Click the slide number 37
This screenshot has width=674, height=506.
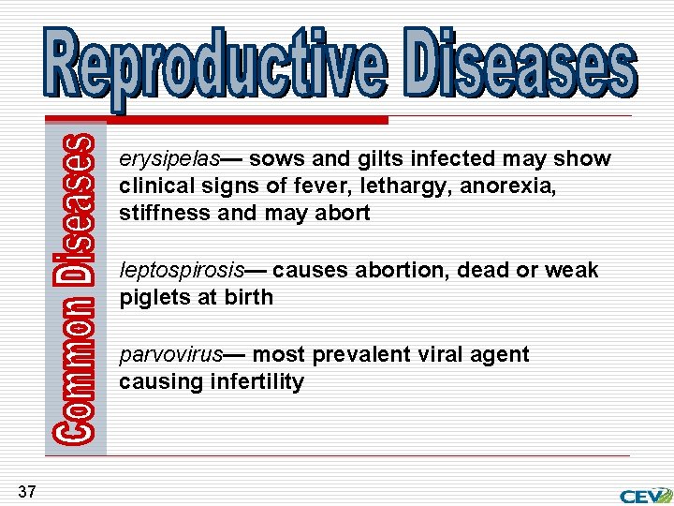(x=26, y=491)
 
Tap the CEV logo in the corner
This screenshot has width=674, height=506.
(x=644, y=495)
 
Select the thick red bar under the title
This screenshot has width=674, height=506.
(x=248, y=120)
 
